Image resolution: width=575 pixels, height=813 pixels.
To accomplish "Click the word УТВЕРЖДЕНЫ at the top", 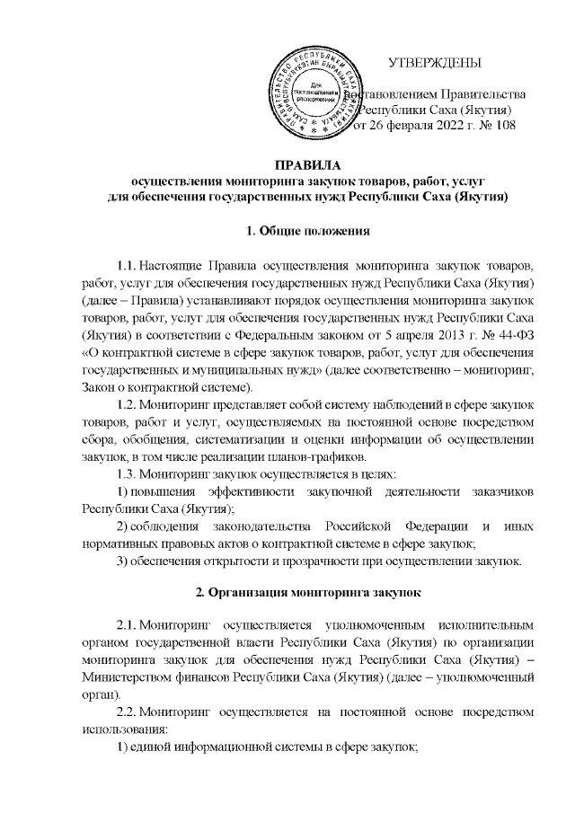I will coord(434,62).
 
